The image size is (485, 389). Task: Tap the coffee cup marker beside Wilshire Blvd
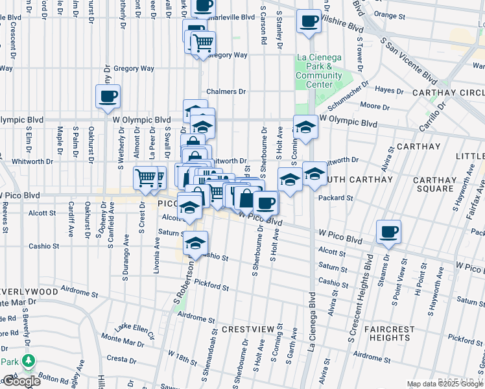pyautogui.click(x=309, y=21)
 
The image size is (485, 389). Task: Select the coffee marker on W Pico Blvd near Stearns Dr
pyautogui.click(x=389, y=232)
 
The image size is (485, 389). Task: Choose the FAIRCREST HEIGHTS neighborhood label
pyautogui.click(x=389, y=333)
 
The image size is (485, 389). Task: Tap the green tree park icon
pyautogui.click(x=28, y=360)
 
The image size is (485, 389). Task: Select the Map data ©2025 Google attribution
pyautogui.click(x=445, y=384)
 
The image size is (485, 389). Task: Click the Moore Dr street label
pyautogui.click(x=373, y=105)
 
